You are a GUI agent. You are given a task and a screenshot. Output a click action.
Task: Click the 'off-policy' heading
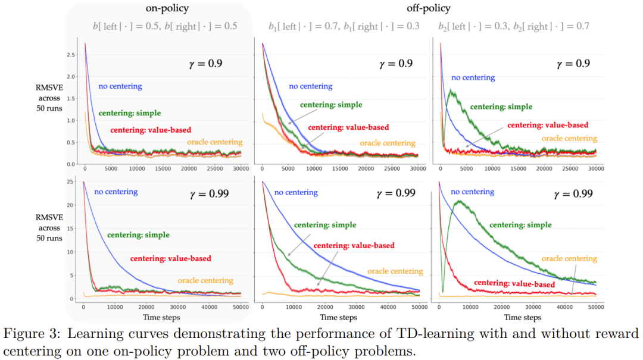pos(428,8)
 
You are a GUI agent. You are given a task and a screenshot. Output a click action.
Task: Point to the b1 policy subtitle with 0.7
pos(344,26)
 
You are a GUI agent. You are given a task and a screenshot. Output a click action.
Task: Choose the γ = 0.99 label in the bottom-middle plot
pos(397,194)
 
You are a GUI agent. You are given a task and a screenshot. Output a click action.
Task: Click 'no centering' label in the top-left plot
pos(120,86)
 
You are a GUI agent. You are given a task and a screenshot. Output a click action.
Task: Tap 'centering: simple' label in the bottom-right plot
pos(520,226)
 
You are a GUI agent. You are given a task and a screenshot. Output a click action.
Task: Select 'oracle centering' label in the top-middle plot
pos(388,143)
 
